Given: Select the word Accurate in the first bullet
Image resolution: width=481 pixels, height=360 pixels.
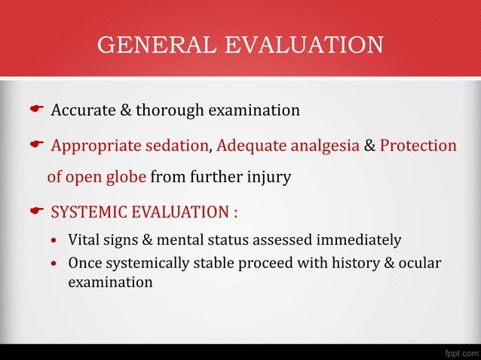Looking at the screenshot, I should click(81, 111).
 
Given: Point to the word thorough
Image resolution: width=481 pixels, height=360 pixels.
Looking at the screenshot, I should click(170, 111).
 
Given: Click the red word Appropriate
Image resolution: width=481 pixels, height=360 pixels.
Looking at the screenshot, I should click(95, 145).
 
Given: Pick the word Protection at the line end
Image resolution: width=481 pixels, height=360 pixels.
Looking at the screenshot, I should click(418, 145).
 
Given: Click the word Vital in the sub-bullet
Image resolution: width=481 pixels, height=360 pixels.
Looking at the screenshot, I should click(83, 241).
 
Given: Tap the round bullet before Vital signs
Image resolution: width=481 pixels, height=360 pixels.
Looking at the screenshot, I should click(54, 242).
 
